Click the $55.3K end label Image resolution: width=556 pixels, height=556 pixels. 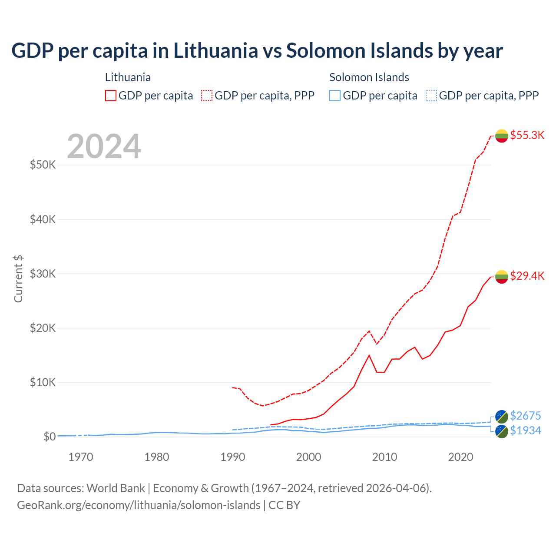point(527,135)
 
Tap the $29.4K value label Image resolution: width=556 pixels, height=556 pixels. point(527,276)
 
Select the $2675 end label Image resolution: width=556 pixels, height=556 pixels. point(525,416)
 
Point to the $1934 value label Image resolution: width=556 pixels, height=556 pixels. point(525,430)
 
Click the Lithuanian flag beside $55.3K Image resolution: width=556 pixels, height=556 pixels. point(502,136)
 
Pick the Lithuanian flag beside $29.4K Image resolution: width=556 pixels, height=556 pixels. point(502,277)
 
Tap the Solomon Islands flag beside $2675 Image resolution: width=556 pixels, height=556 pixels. point(502,417)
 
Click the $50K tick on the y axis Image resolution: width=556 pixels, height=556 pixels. point(43,165)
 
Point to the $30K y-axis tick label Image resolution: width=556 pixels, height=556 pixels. point(43,274)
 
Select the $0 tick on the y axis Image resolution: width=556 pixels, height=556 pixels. point(49,437)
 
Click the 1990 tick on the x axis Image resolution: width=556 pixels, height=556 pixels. point(233,457)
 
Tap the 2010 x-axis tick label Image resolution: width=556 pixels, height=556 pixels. point(384,457)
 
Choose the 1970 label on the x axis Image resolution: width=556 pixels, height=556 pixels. point(81,457)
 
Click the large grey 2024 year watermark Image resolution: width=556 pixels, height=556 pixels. point(104,146)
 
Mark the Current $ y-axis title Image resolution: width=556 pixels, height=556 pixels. point(18,279)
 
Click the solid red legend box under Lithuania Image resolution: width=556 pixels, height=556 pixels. point(111,96)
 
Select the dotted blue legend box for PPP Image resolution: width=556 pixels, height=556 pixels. point(431,96)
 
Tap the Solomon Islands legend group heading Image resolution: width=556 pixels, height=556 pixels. point(369,77)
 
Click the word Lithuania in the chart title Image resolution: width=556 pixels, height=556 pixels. point(216,50)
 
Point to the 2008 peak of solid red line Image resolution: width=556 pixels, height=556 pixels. point(369,355)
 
